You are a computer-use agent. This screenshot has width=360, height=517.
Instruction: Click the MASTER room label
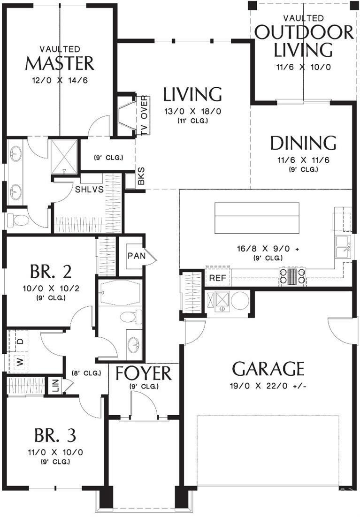pos(60,63)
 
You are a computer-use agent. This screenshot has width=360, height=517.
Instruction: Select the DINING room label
pos(303,143)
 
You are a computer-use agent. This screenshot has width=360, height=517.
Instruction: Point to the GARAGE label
pos(268,369)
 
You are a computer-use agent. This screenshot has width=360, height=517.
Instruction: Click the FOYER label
pos(144,373)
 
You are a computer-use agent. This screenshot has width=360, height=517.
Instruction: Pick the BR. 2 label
pos(51,272)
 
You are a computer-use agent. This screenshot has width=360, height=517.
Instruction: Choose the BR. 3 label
pos(55,435)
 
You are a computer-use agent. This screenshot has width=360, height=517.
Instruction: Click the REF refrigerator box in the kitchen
pos(217,278)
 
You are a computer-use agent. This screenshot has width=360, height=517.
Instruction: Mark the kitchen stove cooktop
pos(292,276)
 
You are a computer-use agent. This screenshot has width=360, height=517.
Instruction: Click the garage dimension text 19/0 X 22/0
pos(268,387)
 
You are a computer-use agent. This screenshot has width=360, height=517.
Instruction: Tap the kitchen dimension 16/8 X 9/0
pos(268,249)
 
